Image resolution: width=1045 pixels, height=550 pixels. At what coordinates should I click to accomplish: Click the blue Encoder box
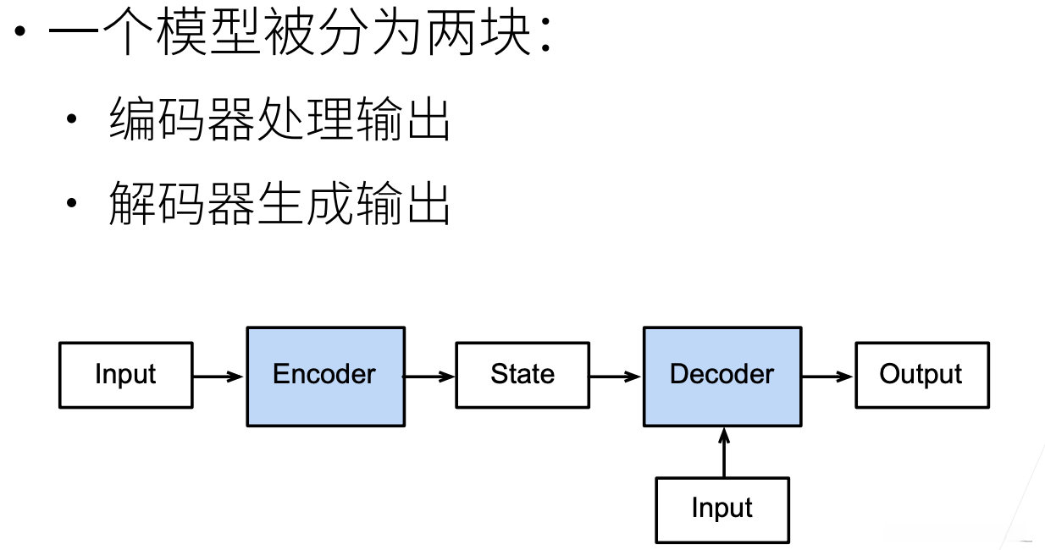325,376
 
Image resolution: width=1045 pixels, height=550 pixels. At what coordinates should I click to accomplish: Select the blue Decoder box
722,376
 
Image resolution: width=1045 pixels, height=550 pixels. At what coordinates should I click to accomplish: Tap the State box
522,375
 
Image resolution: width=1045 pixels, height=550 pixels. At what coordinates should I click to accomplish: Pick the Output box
921,375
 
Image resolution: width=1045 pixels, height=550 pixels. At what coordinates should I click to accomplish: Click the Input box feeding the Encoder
126,375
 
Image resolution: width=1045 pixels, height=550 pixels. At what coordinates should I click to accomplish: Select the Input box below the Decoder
722,509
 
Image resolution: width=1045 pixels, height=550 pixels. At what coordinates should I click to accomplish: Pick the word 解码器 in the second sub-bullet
181,205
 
